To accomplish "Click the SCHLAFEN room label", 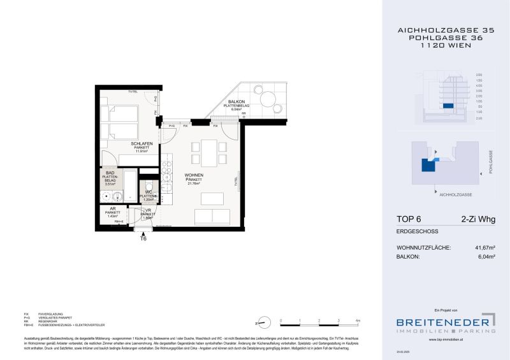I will (141, 144).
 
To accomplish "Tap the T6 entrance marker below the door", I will (143, 239).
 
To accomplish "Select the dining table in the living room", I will (209, 152).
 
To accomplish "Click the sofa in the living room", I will (212, 216).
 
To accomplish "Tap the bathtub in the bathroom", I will (129, 185).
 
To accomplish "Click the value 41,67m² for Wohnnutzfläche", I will (483, 247).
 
